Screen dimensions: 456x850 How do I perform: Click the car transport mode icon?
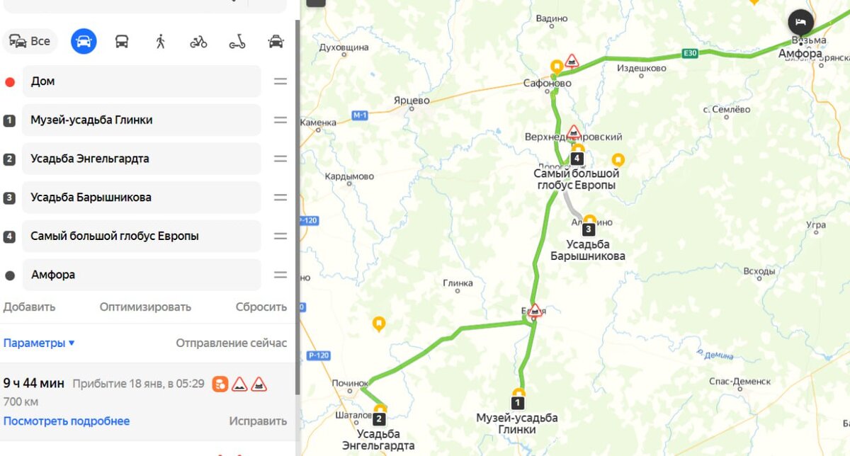[x=84, y=41]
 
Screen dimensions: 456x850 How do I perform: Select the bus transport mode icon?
[x=122, y=41]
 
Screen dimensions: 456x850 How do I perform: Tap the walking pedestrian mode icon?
[x=160, y=41]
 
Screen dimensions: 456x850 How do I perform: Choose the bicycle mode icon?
[x=198, y=42]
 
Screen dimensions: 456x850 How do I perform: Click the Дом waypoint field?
[x=142, y=81]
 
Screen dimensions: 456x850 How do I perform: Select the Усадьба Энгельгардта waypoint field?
[x=142, y=159]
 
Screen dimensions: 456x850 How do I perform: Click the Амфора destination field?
[x=142, y=275]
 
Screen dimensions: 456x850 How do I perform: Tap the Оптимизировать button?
[x=145, y=307]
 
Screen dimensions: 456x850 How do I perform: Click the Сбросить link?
[x=261, y=307]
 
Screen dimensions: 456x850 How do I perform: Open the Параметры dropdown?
[x=39, y=343]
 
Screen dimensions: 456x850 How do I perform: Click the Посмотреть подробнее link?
[x=67, y=421]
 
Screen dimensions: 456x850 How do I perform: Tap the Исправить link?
[x=258, y=421]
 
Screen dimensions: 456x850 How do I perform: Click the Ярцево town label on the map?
[x=412, y=101]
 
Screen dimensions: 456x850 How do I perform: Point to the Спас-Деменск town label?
[x=739, y=381]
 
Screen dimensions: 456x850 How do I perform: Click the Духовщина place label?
[x=344, y=47]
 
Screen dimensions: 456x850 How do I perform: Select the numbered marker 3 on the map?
[x=589, y=229]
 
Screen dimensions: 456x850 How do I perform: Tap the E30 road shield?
[x=690, y=53]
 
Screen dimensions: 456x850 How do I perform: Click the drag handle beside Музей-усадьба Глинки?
[x=280, y=120]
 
